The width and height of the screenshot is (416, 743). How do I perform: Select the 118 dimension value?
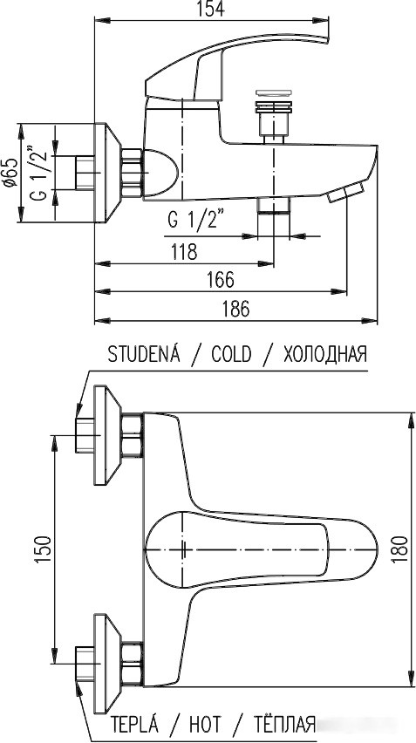pos(183,251)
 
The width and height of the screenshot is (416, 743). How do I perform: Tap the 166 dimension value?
pos(221,280)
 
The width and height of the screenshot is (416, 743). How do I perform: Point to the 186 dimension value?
pos(234,308)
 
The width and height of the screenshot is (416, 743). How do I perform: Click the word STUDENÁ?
pos(143,354)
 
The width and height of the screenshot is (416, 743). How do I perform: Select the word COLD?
pos(230,354)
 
